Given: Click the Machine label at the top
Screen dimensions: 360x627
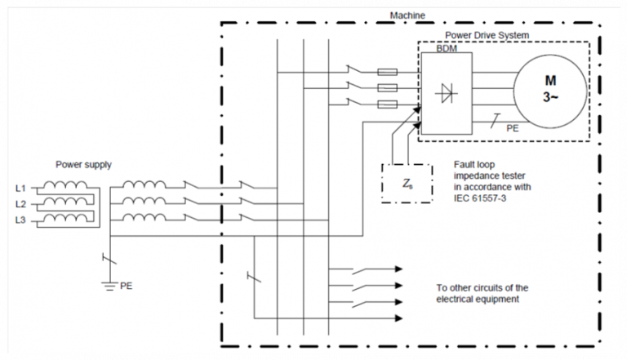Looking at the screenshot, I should [x=408, y=16].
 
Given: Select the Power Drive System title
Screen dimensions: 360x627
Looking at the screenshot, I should [x=487, y=35].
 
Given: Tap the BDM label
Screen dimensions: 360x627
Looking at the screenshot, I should [x=435, y=49].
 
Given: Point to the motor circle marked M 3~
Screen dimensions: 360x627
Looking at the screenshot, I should [x=549, y=88].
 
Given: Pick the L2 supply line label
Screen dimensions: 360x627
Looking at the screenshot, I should [x=20, y=204].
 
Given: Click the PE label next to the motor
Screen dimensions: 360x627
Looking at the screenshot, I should [x=512, y=129].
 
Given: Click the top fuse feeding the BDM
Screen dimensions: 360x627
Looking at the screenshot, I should [x=389, y=72].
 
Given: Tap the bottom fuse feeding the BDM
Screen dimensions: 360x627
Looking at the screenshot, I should [x=389, y=104].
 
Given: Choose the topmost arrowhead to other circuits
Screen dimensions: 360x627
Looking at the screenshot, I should [x=398, y=268].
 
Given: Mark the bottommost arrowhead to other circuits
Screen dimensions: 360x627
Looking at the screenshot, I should [x=398, y=318].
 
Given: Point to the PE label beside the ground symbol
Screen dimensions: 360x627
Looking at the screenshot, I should [x=126, y=287].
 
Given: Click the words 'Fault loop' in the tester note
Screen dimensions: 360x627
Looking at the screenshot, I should [x=472, y=164].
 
